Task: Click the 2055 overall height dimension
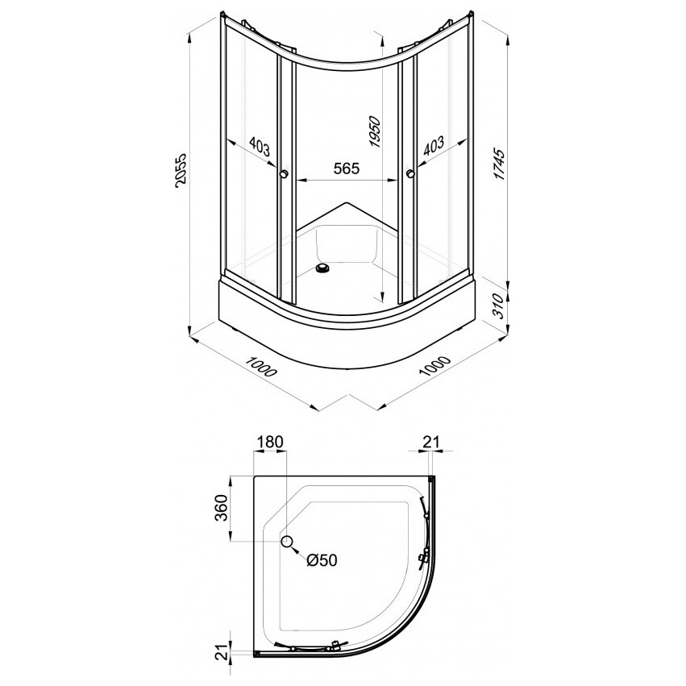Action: (x=181, y=171)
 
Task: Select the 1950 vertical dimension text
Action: (x=375, y=131)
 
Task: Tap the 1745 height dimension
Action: (x=499, y=164)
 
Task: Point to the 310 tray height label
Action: (x=498, y=306)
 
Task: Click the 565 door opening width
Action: (x=347, y=168)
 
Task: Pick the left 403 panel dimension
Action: (x=259, y=146)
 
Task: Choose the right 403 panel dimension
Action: (x=434, y=146)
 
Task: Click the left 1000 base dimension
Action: (x=261, y=367)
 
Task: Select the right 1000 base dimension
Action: (x=434, y=366)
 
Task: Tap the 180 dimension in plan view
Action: (x=270, y=443)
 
